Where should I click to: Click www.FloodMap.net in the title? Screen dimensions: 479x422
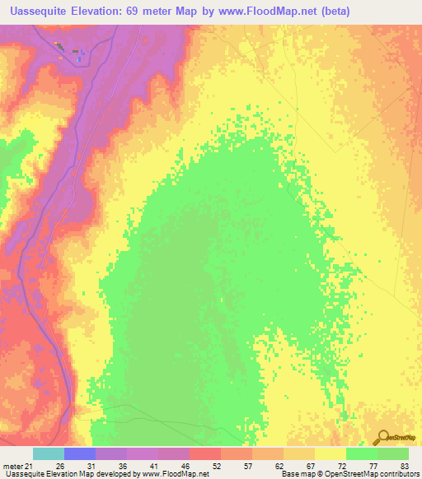(260, 12)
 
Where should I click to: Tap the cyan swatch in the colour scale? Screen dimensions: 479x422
(49, 453)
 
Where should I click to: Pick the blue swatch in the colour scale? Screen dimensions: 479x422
(80, 453)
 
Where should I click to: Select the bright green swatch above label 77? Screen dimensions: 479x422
(362, 453)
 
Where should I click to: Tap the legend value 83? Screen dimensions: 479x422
(403, 465)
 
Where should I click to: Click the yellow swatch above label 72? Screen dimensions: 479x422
(331, 453)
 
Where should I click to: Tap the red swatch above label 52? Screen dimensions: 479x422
(205, 453)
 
